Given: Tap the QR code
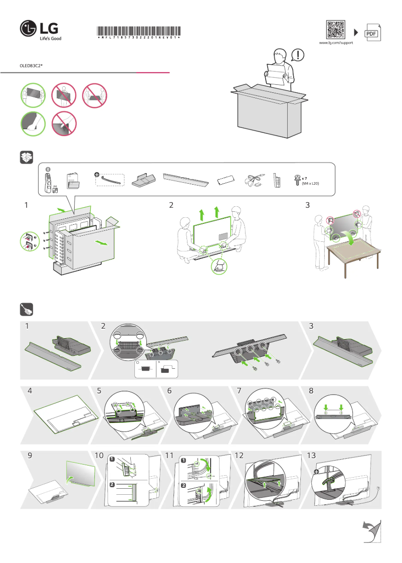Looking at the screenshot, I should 336,30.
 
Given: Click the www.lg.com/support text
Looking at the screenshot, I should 336,43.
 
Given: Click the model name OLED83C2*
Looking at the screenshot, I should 31,65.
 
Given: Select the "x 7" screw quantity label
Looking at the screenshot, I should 304,179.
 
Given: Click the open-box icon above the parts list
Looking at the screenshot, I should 26,157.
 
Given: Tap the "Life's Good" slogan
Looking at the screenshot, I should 50,38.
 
